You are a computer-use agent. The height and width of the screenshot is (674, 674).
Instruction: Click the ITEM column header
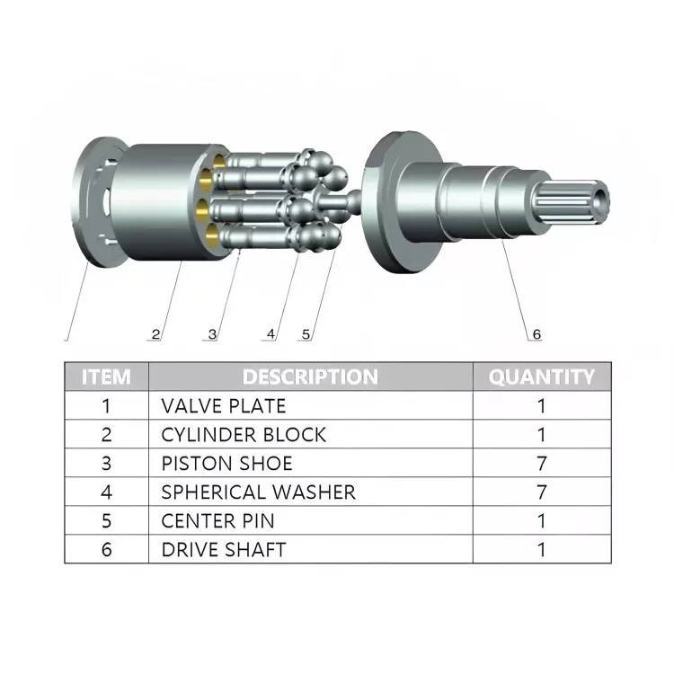106,377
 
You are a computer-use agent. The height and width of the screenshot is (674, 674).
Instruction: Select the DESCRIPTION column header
310,377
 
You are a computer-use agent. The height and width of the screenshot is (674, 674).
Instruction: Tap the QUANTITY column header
541,377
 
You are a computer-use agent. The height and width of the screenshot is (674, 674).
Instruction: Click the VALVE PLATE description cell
224,406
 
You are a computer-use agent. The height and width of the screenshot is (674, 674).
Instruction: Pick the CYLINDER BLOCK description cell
244,435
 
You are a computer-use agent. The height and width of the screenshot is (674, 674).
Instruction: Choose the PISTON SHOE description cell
226,464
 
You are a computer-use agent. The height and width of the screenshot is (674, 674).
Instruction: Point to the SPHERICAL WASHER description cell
258,492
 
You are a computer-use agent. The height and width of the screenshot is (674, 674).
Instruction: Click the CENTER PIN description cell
217,521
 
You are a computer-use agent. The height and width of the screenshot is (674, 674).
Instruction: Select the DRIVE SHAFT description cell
224,550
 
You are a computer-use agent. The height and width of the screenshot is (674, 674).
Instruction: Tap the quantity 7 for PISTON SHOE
541,464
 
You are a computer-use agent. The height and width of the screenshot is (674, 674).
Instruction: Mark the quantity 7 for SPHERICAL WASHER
541,492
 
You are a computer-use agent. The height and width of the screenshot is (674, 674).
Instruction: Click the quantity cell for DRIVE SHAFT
541,550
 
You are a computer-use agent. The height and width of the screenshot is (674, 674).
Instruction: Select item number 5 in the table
106,521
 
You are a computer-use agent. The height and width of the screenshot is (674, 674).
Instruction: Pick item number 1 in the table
106,406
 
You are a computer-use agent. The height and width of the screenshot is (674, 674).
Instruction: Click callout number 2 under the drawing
156,334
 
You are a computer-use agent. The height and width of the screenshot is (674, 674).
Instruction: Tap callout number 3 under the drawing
212,334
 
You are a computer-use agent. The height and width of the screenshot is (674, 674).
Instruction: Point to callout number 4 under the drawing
270,334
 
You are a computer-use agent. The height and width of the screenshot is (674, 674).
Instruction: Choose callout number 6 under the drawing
537,334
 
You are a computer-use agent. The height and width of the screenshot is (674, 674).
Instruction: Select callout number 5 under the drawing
306,334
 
